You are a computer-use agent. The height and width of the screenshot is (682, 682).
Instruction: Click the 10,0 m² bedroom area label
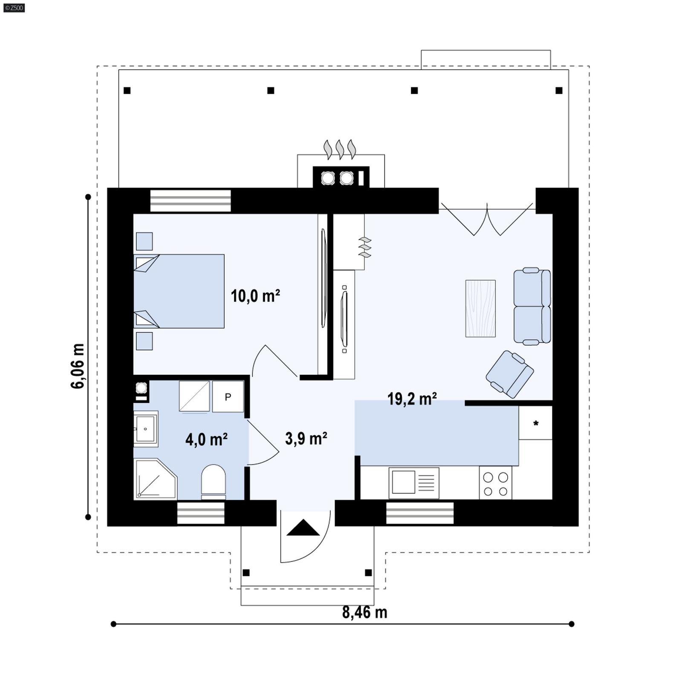(x=255, y=295)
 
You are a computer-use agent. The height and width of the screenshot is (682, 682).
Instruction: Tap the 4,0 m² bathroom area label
(x=206, y=439)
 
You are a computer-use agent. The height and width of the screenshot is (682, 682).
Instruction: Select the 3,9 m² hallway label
(x=306, y=438)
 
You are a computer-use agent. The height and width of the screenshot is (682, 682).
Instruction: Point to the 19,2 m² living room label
(x=412, y=399)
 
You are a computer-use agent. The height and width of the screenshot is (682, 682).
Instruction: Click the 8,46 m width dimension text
(x=364, y=613)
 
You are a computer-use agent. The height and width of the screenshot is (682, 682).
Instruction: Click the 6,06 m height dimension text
(x=78, y=366)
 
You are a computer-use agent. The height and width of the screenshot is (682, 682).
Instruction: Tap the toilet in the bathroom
(x=213, y=482)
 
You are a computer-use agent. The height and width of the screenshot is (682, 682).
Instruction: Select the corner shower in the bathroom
(x=154, y=479)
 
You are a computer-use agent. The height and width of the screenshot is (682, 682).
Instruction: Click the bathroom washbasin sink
(x=146, y=429)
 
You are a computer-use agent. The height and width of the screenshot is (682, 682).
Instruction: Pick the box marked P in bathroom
(x=228, y=397)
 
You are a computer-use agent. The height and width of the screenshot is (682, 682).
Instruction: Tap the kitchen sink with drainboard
(x=414, y=483)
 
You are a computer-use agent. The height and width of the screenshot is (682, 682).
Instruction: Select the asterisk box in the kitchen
(x=535, y=423)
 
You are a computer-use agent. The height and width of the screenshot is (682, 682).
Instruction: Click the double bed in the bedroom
(x=179, y=291)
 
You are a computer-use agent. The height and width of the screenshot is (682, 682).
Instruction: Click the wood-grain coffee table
(x=480, y=308)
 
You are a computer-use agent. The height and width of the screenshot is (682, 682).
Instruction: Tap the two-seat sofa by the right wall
(x=532, y=306)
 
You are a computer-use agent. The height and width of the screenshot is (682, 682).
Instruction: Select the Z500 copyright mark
(x=14, y=8)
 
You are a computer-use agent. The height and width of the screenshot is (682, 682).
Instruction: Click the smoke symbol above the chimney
(x=340, y=149)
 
